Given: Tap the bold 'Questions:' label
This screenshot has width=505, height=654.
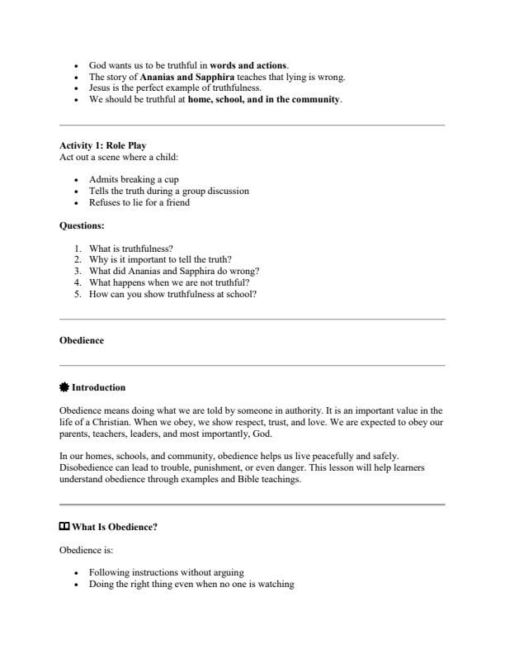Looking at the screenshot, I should [81, 224].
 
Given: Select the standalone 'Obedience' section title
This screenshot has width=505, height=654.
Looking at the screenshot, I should [82, 340].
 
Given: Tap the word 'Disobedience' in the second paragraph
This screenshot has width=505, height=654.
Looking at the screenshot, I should [87, 467].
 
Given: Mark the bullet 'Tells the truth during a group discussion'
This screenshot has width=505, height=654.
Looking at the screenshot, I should [169, 191].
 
